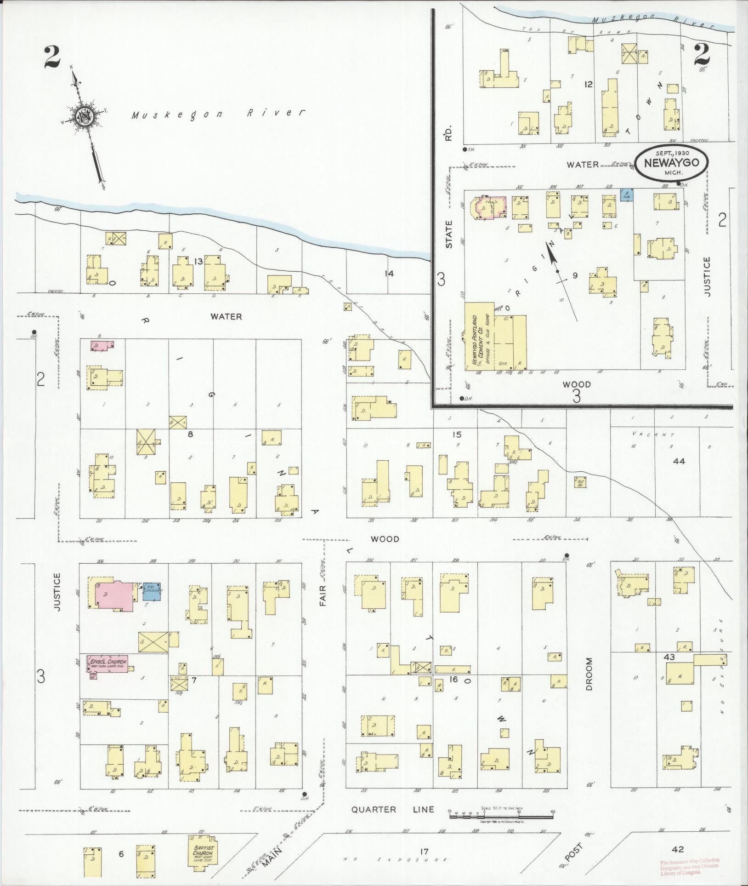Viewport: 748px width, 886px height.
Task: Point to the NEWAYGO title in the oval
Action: click(x=672, y=162)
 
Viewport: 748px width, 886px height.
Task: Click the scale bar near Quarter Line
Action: click(x=501, y=817)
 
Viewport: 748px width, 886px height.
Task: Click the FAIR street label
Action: click(x=323, y=595)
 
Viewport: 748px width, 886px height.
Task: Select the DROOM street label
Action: click(x=589, y=668)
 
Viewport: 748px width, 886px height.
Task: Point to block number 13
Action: click(x=198, y=262)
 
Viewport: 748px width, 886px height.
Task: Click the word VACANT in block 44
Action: click(x=652, y=434)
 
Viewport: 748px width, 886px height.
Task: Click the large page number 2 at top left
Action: click(x=53, y=57)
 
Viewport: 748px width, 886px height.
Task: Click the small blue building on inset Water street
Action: click(x=627, y=195)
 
